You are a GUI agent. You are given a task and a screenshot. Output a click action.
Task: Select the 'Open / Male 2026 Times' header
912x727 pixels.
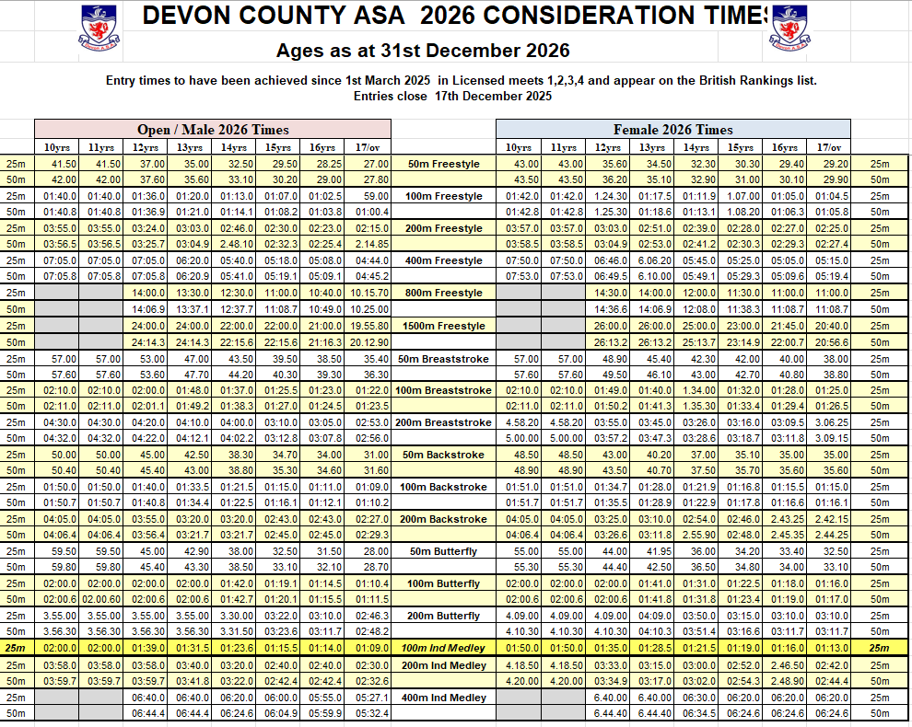213,130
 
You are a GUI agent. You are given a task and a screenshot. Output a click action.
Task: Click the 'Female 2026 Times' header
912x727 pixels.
672,130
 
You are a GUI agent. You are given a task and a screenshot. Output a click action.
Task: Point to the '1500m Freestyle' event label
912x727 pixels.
440,326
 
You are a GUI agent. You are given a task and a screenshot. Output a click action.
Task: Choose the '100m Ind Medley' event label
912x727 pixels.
444,648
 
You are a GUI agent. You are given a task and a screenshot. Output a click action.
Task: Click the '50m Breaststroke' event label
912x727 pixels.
443,358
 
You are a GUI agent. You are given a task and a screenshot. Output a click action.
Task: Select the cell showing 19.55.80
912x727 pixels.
369,326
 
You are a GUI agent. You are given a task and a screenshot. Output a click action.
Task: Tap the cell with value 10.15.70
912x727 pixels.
369,293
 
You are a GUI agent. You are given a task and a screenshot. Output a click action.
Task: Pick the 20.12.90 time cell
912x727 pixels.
369,342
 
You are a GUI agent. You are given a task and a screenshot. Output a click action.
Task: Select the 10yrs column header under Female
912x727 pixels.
519,147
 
